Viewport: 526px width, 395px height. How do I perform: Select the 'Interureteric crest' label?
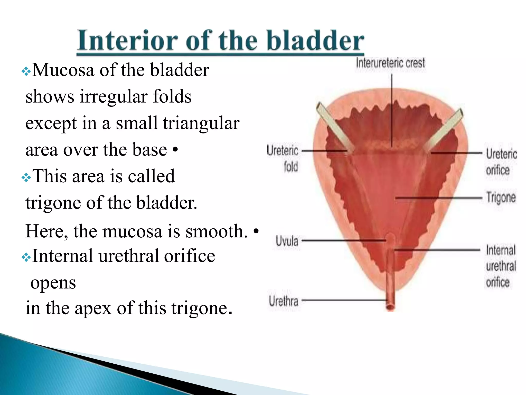[x=390, y=63]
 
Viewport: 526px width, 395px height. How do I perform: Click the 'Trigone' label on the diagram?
[x=501, y=198]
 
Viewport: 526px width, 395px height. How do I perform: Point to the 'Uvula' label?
[x=287, y=241]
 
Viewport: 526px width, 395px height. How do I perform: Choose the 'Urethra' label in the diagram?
[x=284, y=301]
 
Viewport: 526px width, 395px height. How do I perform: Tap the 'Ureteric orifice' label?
[x=501, y=162]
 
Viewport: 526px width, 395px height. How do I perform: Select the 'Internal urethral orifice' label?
[x=501, y=266]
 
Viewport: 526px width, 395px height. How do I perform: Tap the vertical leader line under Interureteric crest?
[x=392, y=108]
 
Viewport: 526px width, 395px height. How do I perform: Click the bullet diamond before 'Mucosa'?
[x=26, y=71]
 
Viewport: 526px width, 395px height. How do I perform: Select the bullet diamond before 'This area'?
[x=26, y=177]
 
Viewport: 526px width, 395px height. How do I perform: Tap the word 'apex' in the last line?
[x=93, y=308]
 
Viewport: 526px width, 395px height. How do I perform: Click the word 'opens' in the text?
[x=53, y=283]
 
